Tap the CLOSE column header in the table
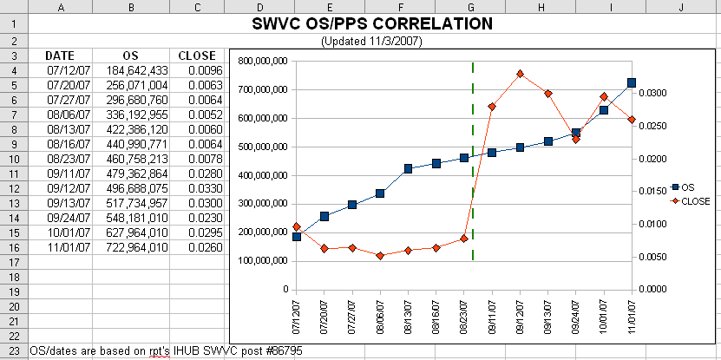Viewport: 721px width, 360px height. (197, 56)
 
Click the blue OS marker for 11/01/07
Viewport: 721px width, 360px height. (632, 83)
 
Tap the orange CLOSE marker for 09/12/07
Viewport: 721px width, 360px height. (520, 74)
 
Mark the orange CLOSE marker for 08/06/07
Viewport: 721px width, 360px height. (380, 256)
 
